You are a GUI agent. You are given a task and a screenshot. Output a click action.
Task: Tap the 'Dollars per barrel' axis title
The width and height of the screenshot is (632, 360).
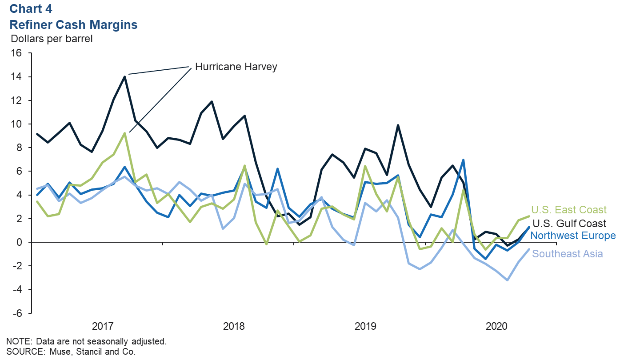coord(52,39)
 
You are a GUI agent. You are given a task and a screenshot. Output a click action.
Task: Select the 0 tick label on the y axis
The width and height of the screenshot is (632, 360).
coord(20,242)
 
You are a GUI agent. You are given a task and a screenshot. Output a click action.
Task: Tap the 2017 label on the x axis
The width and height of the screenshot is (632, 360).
coord(102,327)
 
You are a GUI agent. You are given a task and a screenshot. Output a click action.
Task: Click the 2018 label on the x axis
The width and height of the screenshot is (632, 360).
coord(234,327)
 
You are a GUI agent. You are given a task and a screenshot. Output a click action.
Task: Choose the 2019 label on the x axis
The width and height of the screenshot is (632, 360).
coord(365,327)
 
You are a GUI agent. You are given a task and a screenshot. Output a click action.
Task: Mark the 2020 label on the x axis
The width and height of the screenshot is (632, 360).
coord(497,327)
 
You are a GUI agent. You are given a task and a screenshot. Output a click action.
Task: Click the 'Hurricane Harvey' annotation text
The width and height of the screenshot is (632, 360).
coord(236,67)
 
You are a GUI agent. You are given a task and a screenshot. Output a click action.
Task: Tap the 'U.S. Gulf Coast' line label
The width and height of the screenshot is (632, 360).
coord(569,223)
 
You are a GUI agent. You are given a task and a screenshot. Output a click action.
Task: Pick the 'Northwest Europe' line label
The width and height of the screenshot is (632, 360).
coord(573,236)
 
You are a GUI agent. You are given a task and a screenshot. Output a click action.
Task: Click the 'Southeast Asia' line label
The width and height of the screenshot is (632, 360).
coord(568,254)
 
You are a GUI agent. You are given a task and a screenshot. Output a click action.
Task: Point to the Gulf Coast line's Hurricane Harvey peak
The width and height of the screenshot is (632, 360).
coord(124,76)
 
